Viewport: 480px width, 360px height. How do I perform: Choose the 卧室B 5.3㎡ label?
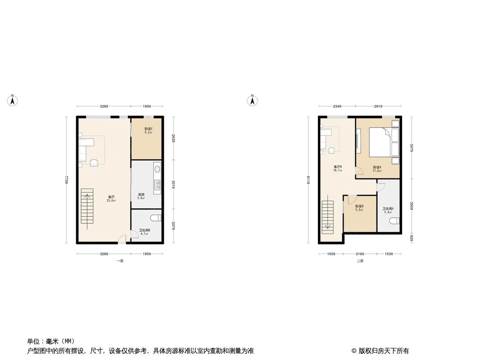(359, 208)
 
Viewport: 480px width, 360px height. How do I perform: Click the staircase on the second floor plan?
(327, 216)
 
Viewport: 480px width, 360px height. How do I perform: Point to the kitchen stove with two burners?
(157, 185)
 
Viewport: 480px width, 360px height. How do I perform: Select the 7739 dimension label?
(67, 180)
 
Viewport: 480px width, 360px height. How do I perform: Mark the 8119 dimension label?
(308, 180)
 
